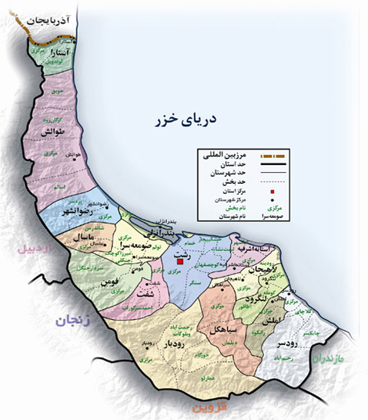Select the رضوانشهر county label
click(74, 213)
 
